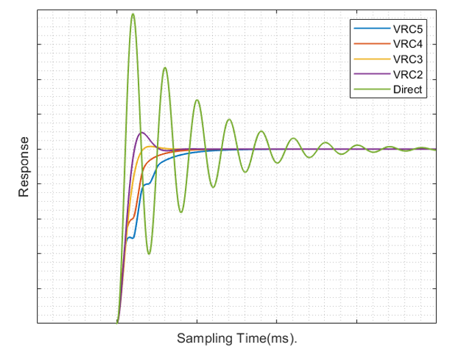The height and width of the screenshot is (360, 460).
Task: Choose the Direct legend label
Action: click(x=408, y=89)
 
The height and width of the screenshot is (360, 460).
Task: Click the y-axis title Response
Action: click(x=24, y=167)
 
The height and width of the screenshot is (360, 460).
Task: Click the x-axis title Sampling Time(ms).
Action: click(x=238, y=338)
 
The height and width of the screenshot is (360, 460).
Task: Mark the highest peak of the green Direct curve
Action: click(x=132, y=14)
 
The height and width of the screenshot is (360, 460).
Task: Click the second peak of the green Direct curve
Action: click(x=164, y=67)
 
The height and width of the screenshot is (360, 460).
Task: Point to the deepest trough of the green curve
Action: click(x=149, y=254)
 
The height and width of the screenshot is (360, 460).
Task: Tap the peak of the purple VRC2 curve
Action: click(x=141, y=132)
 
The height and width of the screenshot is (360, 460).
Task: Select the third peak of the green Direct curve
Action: click(x=197, y=100)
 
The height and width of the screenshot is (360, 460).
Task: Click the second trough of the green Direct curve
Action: click(x=181, y=212)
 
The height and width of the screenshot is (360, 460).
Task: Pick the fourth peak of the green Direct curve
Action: click(x=229, y=119)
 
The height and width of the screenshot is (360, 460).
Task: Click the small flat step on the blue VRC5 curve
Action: click(x=131, y=237)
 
